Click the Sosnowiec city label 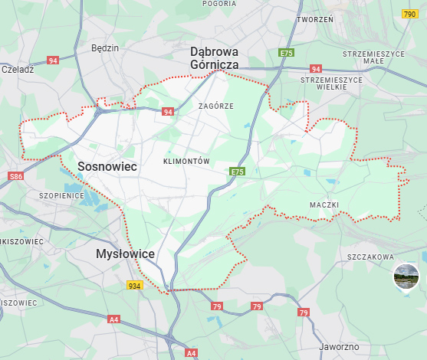108,166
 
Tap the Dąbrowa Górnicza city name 215,58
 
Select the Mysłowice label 126,254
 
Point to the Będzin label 105,47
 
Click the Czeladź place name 18,69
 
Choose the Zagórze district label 215,106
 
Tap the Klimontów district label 186,162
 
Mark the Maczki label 324,205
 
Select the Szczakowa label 370,257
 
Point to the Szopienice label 61,195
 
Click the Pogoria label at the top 219,4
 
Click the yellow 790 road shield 410,14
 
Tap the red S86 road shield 17,177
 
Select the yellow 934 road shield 135,285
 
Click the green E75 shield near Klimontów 237,172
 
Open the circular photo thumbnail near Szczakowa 406,277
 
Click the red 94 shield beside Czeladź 53,60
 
